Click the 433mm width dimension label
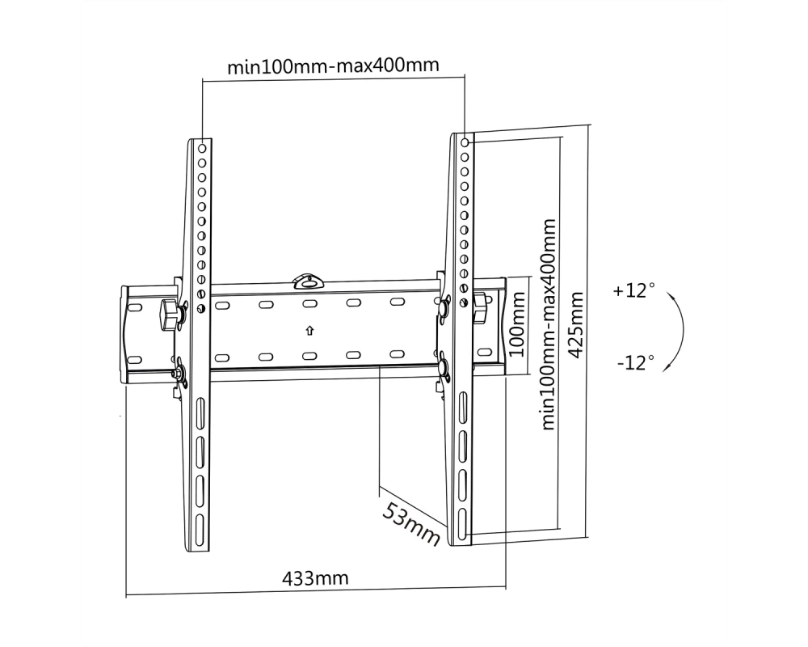(315, 578)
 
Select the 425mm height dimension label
(575, 324)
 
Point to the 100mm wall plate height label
(516, 324)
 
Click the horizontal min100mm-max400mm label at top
(334, 66)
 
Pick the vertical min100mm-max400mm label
(549, 324)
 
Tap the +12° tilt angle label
(633, 290)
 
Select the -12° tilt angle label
(636, 362)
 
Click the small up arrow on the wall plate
(309, 330)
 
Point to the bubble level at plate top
(309, 281)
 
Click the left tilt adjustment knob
(169, 315)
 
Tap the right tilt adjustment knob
(481, 307)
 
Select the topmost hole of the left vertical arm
(202, 149)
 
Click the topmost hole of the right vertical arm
(465, 142)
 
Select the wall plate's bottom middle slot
(309, 356)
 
